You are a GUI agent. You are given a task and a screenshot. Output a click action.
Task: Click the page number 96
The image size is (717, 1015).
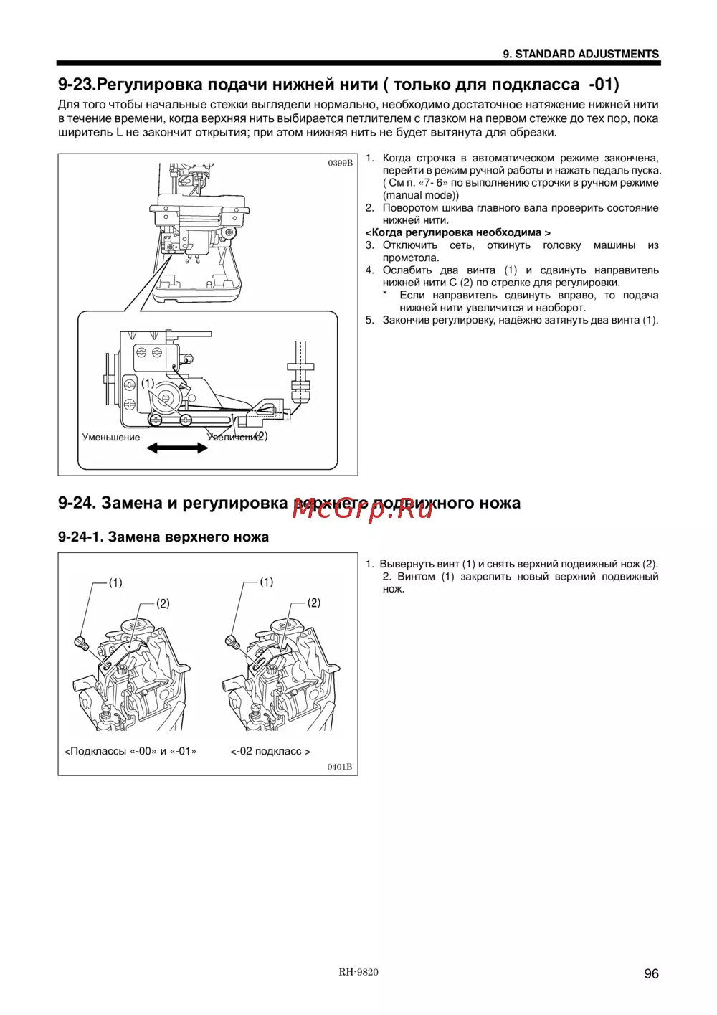point(651,973)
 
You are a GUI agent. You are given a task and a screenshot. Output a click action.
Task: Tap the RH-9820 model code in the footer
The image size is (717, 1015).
point(358,972)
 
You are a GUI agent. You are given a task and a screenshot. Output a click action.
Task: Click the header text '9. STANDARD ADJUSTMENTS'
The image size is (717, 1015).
point(581,54)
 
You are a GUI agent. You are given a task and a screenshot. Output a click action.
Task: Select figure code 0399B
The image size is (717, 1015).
point(341,163)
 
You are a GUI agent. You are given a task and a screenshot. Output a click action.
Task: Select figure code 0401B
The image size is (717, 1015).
point(340,767)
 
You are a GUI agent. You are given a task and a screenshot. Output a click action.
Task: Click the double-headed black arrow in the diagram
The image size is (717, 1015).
point(177,448)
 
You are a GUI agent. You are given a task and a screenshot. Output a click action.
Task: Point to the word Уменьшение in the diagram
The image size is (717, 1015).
point(111,438)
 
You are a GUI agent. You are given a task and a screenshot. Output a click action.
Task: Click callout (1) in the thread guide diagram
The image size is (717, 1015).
point(148,384)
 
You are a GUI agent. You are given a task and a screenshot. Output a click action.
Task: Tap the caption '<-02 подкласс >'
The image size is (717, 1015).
point(270,752)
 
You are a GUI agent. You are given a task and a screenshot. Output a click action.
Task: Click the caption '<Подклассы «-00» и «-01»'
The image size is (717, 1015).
point(130,752)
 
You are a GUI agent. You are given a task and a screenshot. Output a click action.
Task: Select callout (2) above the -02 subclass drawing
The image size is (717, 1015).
point(314,603)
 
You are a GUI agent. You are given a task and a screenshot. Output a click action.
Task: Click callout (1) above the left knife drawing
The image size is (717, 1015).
point(115,583)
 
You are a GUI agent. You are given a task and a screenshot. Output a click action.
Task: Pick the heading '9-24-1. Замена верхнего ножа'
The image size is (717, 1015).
point(163,537)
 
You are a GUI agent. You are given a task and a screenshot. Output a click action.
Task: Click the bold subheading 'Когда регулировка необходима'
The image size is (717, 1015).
point(457,232)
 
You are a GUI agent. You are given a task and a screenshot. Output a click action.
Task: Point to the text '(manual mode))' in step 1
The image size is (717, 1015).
point(421,195)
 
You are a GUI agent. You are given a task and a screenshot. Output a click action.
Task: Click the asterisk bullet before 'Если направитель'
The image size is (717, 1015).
point(385,295)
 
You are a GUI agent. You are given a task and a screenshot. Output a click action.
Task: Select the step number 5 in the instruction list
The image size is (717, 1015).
point(369,320)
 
